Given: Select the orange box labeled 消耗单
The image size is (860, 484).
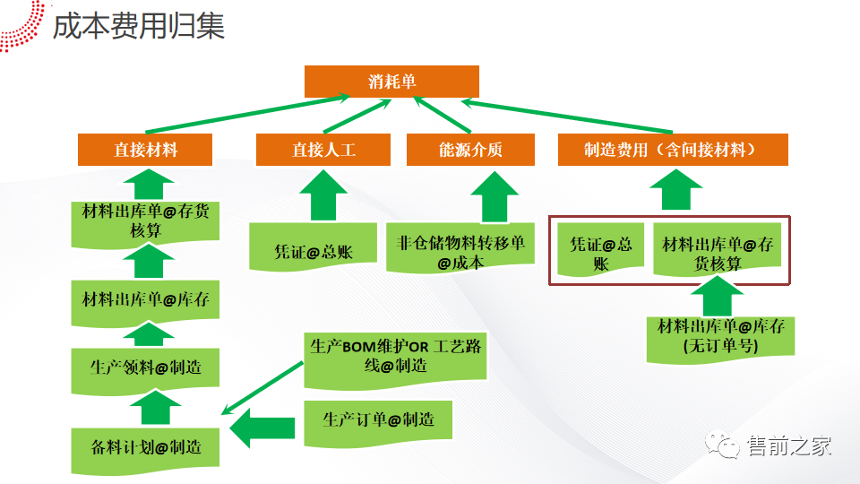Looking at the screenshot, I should (x=391, y=82).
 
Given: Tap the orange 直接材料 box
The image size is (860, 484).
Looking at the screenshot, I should (x=145, y=150).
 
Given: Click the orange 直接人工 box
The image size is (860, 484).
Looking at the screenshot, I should (x=323, y=150).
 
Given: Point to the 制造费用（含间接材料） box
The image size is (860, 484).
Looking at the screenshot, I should (x=673, y=150).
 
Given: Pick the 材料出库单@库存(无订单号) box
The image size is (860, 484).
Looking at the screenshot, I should (x=721, y=336).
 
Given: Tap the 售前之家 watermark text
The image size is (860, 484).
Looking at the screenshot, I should (x=790, y=445).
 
